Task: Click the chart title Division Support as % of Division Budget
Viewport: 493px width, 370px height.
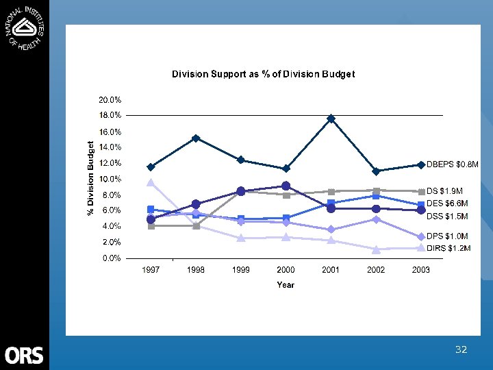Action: coord(263,74)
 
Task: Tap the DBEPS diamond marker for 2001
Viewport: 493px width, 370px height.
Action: coord(331,119)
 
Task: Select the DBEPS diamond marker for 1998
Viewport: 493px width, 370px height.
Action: coord(196,138)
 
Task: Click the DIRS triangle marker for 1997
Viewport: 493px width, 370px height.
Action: coord(151,182)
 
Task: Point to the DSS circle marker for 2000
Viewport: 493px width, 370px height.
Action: coord(286,186)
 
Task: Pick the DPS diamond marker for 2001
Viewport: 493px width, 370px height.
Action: coord(331,230)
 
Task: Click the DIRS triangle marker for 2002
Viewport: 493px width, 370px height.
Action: coord(376,249)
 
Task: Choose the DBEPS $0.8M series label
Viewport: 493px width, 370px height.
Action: coord(453,164)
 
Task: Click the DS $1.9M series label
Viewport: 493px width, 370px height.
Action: coord(445,190)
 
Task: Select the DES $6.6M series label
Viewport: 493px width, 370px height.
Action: coord(447,203)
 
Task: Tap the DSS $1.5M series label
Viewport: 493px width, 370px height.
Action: coord(447,217)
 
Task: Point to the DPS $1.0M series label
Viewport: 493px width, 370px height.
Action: coord(447,236)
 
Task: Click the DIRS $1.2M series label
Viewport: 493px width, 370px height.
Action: coord(448,248)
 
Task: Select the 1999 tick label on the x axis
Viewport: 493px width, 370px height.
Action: coord(241,270)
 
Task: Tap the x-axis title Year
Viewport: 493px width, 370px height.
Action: coord(286,284)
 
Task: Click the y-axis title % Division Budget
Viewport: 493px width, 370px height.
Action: coord(90,179)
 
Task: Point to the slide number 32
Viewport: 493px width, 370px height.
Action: coord(461,350)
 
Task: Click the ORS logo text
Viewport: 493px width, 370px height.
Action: coord(24,356)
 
